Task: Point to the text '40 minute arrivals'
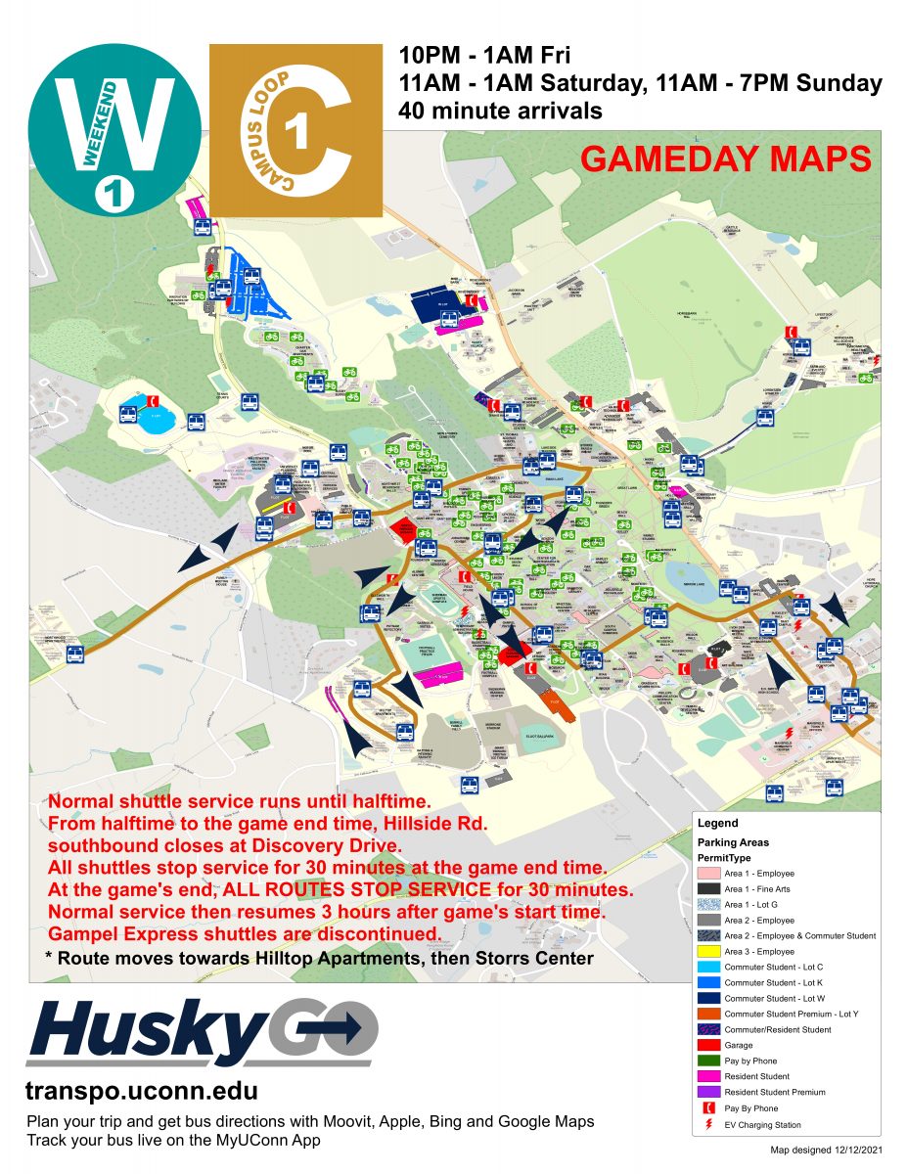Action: coord(500,111)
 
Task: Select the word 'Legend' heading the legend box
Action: coord(718,824)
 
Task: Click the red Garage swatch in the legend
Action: coord(707,1045)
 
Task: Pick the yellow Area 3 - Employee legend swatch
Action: coord(707,951)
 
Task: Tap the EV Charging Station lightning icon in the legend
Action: coord(707,1124)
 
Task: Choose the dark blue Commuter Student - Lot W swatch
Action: coord(707,998)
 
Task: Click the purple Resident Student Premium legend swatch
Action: coord(707,1092)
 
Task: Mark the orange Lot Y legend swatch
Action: coord(707,1014)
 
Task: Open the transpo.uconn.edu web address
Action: coord(142,1090)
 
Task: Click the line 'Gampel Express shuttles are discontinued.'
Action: coord(244,933)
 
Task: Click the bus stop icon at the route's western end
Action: coord(75,654)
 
